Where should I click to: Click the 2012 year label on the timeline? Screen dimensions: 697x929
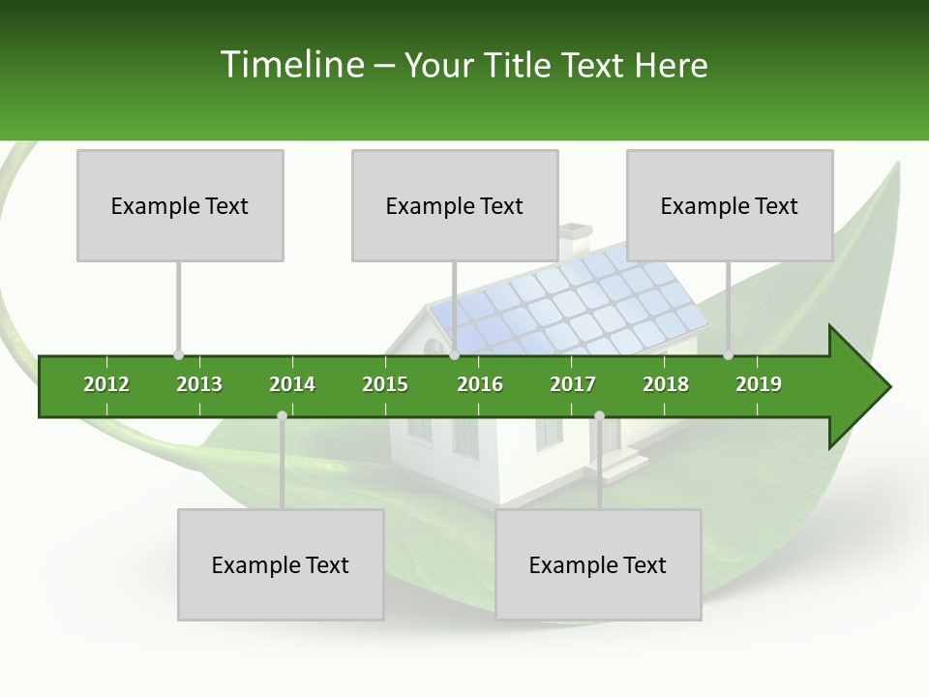(106, 384)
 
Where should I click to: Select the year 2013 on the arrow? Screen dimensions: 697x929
(199, 384)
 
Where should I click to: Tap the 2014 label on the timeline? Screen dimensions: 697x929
(292, 384)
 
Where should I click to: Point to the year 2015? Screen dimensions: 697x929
(385, 384)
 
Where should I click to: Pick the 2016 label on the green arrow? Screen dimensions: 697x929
(480, 384)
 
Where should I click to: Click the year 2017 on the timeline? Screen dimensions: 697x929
(573, 384)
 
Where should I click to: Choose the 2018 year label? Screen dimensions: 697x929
(666, 384)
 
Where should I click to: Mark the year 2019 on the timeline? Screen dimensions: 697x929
(759, 384)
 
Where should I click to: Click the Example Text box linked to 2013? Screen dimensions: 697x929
(180, 205)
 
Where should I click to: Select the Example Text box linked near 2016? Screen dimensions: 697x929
(455, 205)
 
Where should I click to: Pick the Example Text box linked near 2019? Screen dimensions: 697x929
(730, 205)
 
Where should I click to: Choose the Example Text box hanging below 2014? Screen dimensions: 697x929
(281, 564)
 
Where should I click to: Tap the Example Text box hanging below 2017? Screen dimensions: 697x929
(598, 564)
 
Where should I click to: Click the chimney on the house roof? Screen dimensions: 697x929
(575, 235)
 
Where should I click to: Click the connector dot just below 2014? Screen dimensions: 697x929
(282, 415)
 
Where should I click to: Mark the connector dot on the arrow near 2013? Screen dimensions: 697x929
(178, 355)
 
